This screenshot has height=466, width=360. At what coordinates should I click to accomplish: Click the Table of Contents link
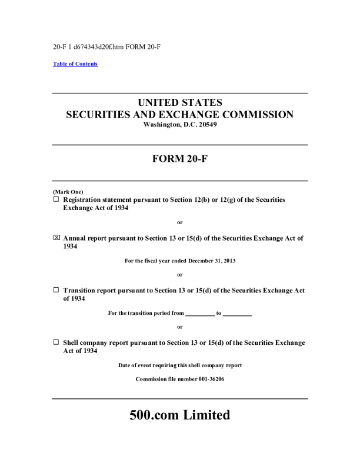[x=75, y=64]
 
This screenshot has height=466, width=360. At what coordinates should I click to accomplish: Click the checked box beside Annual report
[x=56, y=238]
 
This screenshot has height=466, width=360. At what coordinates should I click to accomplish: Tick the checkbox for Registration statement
[x=56, y=199]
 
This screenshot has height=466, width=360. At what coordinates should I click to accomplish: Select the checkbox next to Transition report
[x=56, y=290]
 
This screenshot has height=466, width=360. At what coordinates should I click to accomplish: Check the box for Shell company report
[x=56, y=342]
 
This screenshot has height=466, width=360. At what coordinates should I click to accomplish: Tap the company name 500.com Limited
[x=180, y=415]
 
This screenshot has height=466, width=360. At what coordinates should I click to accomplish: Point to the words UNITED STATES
[x=180, y=102]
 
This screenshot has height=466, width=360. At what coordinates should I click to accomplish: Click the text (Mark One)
[x=68, y=192]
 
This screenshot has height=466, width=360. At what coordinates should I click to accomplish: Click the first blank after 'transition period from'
[x=200, y=313]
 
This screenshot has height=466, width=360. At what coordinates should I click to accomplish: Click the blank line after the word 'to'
[x=238, y=313]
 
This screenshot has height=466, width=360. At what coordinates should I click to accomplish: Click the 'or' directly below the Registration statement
[x=180, y=222]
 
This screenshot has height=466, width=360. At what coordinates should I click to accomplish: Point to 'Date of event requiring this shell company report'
[x=180, y=365]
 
